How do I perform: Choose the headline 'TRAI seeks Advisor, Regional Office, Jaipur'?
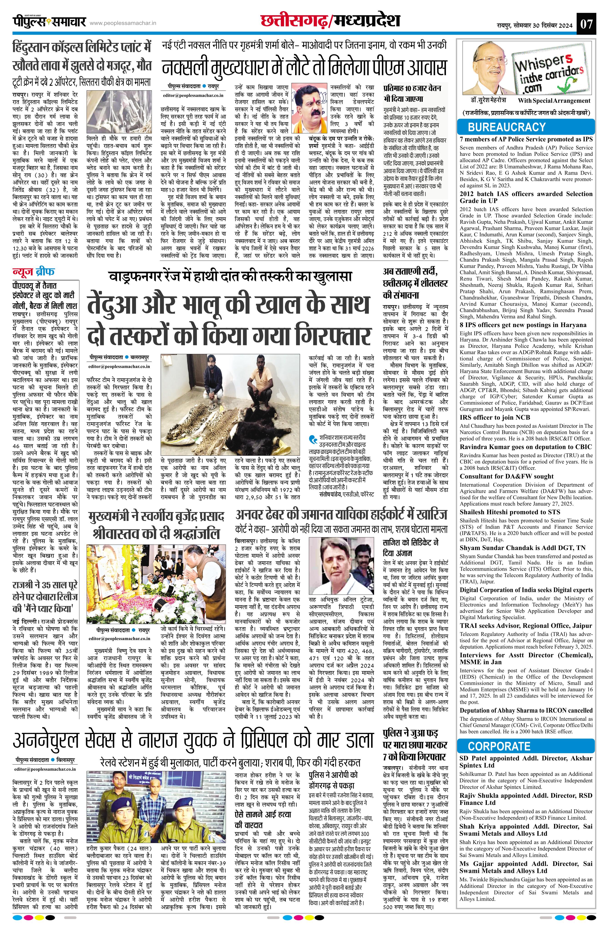tap(526, 626)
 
